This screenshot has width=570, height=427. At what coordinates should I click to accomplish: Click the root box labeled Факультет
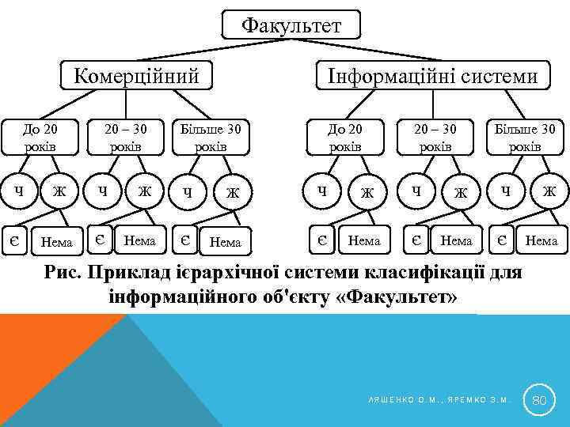291,25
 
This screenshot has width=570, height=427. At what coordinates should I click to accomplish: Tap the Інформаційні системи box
432,76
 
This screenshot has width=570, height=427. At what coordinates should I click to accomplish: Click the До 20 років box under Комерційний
40,137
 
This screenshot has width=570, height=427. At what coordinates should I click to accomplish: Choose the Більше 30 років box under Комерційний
211,137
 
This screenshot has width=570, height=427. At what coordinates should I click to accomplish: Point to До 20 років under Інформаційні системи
345,137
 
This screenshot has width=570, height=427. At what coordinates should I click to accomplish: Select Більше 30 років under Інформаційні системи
524,137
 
